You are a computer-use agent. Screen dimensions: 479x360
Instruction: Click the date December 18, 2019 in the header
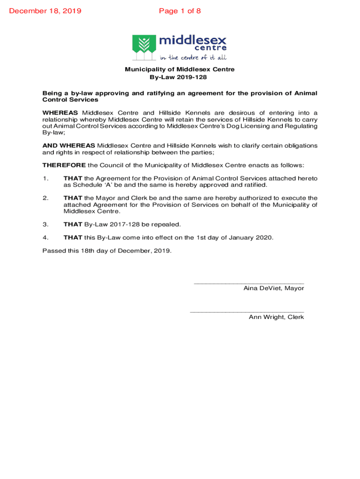click(45, 11)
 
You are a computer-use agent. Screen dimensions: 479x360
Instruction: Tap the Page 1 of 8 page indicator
click(180, 11)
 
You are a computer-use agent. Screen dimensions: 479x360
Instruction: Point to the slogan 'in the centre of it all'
click(193, 58)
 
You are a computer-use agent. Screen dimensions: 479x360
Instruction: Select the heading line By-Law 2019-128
click(180, 77)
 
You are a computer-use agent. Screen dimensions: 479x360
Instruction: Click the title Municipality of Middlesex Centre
click(180, 70)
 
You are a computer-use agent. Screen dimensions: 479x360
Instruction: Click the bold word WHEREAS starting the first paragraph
click(61, 113)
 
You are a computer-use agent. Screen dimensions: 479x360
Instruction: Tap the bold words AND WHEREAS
click(69, 145)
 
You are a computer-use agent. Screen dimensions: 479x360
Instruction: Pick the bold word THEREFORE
click(64, 165)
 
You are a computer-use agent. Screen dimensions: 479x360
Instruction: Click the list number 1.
click(45, 178)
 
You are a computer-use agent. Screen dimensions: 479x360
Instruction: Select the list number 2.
click(45, 198)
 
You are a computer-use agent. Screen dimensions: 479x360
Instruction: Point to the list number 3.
click(45, 224)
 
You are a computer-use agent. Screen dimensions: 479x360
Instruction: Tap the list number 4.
click(45, 237)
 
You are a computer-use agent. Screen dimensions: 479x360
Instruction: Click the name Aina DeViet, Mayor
click(274, 288)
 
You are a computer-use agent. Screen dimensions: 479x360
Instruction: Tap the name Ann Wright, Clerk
click(276, 317)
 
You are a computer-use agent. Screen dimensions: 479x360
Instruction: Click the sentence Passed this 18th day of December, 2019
click(107, 250)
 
